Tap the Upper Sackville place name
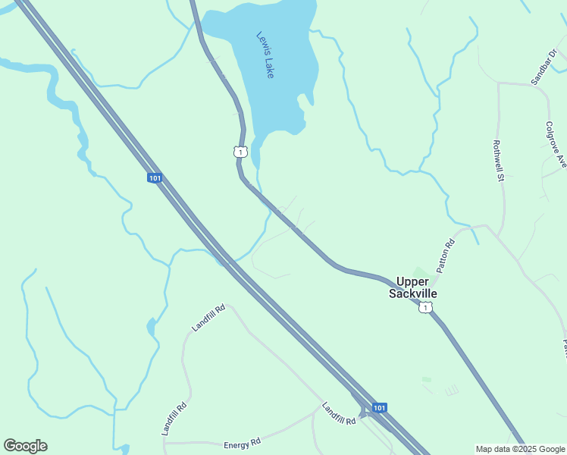[413, 287]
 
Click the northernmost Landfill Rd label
[208, 318]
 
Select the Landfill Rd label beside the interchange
[338, 413]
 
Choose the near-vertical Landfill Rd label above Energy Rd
[174, 419]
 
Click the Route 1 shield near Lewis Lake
[240, 152]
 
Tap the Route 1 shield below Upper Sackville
[427, 307]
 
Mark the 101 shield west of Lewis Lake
[154, 177]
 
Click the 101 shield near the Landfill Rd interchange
[380, 408]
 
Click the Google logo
[25, 446]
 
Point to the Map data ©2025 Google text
[521, 449]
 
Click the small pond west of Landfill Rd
[152, 328]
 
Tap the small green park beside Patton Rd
[419, 272]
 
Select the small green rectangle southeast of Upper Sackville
[426, 379]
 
